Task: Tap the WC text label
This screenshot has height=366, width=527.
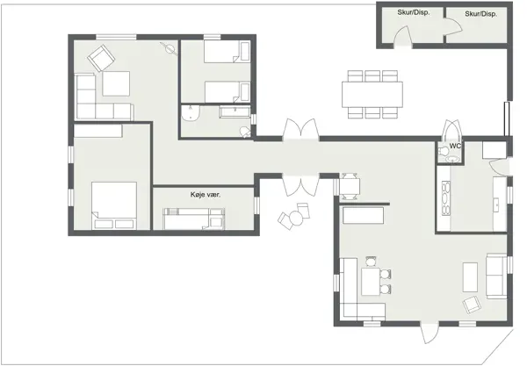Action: point(456,146)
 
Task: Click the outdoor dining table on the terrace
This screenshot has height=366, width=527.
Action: point(373,92)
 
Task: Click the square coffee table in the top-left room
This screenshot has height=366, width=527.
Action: point(116,84)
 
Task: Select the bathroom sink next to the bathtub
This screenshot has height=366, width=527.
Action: point(191,113)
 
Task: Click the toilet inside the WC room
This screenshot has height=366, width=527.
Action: point(449,157)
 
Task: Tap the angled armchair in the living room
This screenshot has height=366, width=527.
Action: point(473,304)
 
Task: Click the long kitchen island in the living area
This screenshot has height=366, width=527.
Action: point(364,214)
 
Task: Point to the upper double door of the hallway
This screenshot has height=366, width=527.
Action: point(300,130)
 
